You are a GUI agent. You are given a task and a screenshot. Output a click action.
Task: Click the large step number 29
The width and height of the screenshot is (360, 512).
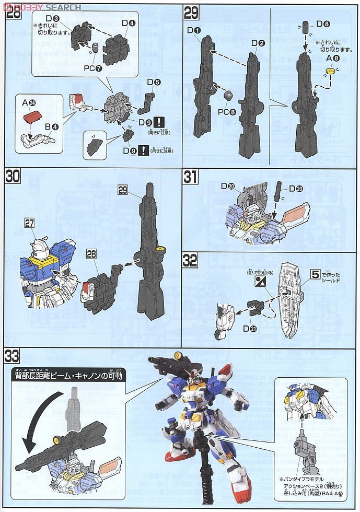(192, 12)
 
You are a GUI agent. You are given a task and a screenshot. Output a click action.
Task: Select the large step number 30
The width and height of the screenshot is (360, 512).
(13, 177)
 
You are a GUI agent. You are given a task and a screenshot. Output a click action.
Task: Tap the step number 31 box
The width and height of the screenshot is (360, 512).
(191, 177)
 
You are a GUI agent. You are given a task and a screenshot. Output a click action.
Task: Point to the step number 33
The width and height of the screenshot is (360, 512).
(13, 357)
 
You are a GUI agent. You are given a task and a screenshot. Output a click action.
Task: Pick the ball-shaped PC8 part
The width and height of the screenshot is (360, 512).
(228, 96)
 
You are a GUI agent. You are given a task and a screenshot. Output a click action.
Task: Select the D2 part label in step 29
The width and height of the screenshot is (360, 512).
(258, 43)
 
